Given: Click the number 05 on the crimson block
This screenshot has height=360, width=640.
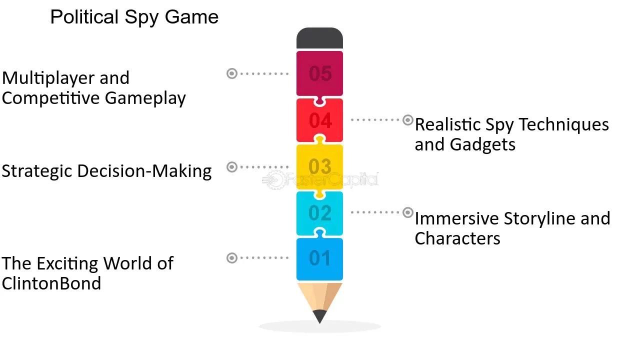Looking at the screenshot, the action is (320, 73).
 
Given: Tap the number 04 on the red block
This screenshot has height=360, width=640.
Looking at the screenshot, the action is (320, 120).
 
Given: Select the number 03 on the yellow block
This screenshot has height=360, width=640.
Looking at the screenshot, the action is (320, 166).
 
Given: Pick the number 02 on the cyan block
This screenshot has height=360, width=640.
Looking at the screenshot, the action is (320, 213).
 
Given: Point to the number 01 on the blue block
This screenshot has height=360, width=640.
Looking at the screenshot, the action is (319, 258).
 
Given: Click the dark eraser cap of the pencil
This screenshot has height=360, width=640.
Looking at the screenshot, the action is (319, 38).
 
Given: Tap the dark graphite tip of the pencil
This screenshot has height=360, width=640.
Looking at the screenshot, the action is (319, 316).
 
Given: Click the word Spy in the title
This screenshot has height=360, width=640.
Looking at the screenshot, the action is (141, 17).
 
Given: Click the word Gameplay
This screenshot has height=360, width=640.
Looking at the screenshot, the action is (145, 98).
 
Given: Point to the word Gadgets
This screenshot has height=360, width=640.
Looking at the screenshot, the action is (482, 144).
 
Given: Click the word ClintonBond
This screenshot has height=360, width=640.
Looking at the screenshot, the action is (51, 283).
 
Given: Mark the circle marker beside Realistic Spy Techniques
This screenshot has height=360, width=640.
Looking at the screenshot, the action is (407, 120).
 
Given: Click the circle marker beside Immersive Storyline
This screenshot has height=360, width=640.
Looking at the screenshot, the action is (407, 212).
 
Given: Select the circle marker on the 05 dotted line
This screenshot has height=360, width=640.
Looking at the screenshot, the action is (232, 73).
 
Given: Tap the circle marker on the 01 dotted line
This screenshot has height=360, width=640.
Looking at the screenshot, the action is (232, 258).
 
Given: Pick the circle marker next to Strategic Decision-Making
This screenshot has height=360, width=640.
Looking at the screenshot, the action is (232, 167).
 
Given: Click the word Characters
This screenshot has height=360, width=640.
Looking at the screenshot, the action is (457, 238).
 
